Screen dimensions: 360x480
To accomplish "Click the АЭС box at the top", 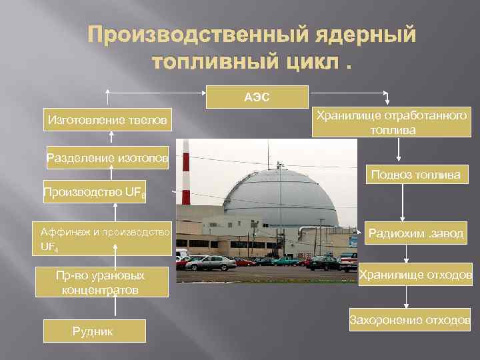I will (256, 97).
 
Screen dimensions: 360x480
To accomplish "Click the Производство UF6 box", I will (95, 193).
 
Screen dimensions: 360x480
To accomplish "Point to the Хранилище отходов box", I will (416, 275).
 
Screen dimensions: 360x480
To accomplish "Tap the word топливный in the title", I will (218, 61).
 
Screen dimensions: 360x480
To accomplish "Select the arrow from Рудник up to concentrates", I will (117, 309).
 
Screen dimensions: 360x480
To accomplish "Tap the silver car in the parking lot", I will (211, 263).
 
